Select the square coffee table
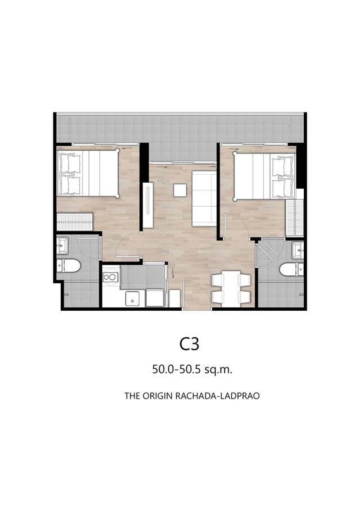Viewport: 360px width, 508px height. click(181, 190)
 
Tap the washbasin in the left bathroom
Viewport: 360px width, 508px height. click(62, 245)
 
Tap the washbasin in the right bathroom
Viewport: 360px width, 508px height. click(298, 248)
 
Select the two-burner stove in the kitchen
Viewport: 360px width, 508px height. click(111, 277)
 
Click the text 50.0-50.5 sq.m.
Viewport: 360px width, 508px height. click(192, 370)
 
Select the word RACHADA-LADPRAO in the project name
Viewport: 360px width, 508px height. click(220, 396)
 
